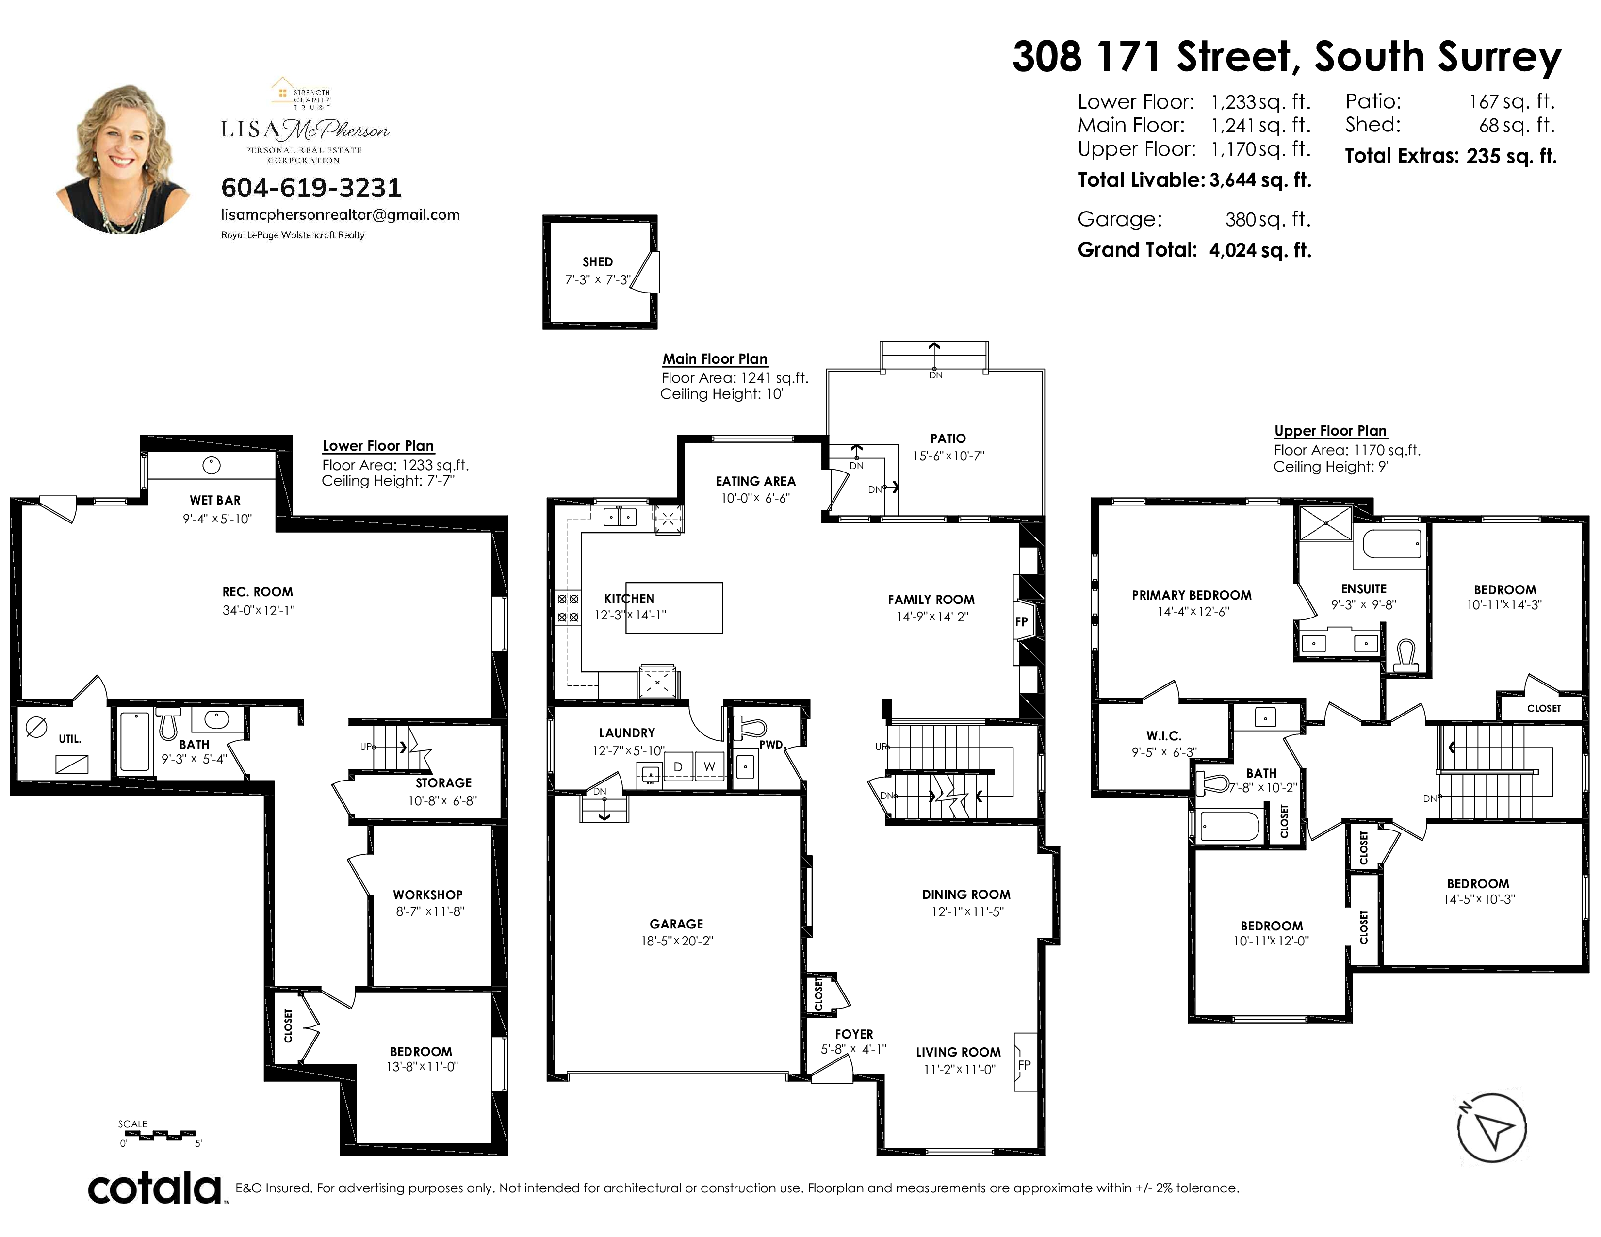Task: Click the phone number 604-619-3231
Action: (311, 188)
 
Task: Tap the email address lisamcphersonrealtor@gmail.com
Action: (340, 215)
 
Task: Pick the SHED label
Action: (597, 261)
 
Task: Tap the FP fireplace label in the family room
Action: (1021, 621)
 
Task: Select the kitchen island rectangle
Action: (674, 607)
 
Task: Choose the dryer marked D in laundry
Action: (678, 766)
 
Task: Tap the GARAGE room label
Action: (676, 924)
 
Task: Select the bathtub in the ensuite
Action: (1392, 544)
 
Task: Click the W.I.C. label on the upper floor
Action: (1164, 736)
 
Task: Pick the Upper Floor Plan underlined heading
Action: (1330, 431)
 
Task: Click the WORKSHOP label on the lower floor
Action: (427, 895)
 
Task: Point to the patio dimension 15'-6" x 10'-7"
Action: (948, 456)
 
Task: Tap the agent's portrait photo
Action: (123, 159)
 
